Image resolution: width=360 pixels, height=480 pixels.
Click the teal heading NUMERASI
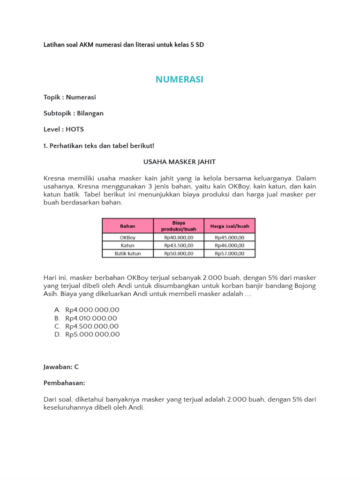tap(180, 80)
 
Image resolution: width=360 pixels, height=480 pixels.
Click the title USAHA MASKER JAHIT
tap(180, 162)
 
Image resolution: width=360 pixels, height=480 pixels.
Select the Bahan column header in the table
tap(127, 226)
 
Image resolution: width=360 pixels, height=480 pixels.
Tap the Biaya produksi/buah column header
tap(179, 226)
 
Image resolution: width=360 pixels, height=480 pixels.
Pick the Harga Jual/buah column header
tap(230, 226)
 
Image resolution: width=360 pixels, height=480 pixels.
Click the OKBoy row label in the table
tap(127, 238)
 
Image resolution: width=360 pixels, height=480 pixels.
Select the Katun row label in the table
tap(127, 245)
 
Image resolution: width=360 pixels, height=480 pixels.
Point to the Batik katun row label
tap(127, 253)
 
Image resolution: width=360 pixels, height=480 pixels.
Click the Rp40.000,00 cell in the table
tap(179, 238)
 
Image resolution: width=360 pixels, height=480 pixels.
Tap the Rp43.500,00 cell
tap(179, 245)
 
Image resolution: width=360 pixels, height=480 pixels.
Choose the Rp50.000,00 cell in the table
tap(179, 253)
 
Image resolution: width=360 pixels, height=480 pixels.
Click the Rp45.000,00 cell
tap(230, 238)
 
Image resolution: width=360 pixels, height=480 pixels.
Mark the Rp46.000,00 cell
tap(230, 245)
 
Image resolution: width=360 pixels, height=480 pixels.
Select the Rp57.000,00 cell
tap(230, 253)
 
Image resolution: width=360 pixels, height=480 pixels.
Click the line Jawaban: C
tap(58, 367)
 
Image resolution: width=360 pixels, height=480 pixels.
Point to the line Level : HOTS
tap(63, 129)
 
